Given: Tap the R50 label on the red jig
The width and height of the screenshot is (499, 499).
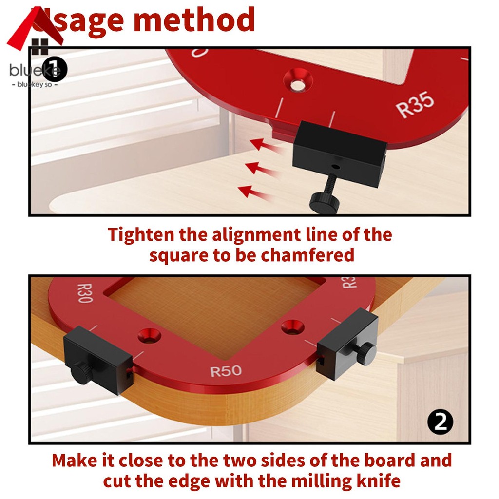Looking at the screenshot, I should pyautogui.click(x=226, y=371).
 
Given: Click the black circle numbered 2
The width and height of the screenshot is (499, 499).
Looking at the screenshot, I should pyautogui.click(x=440, y=422).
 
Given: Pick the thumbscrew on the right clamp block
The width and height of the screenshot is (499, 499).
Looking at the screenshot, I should pyautogui.click(x=365, y=354).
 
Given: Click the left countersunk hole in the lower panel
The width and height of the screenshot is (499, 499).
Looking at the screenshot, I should pyautogui.click(x=148, y=336).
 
